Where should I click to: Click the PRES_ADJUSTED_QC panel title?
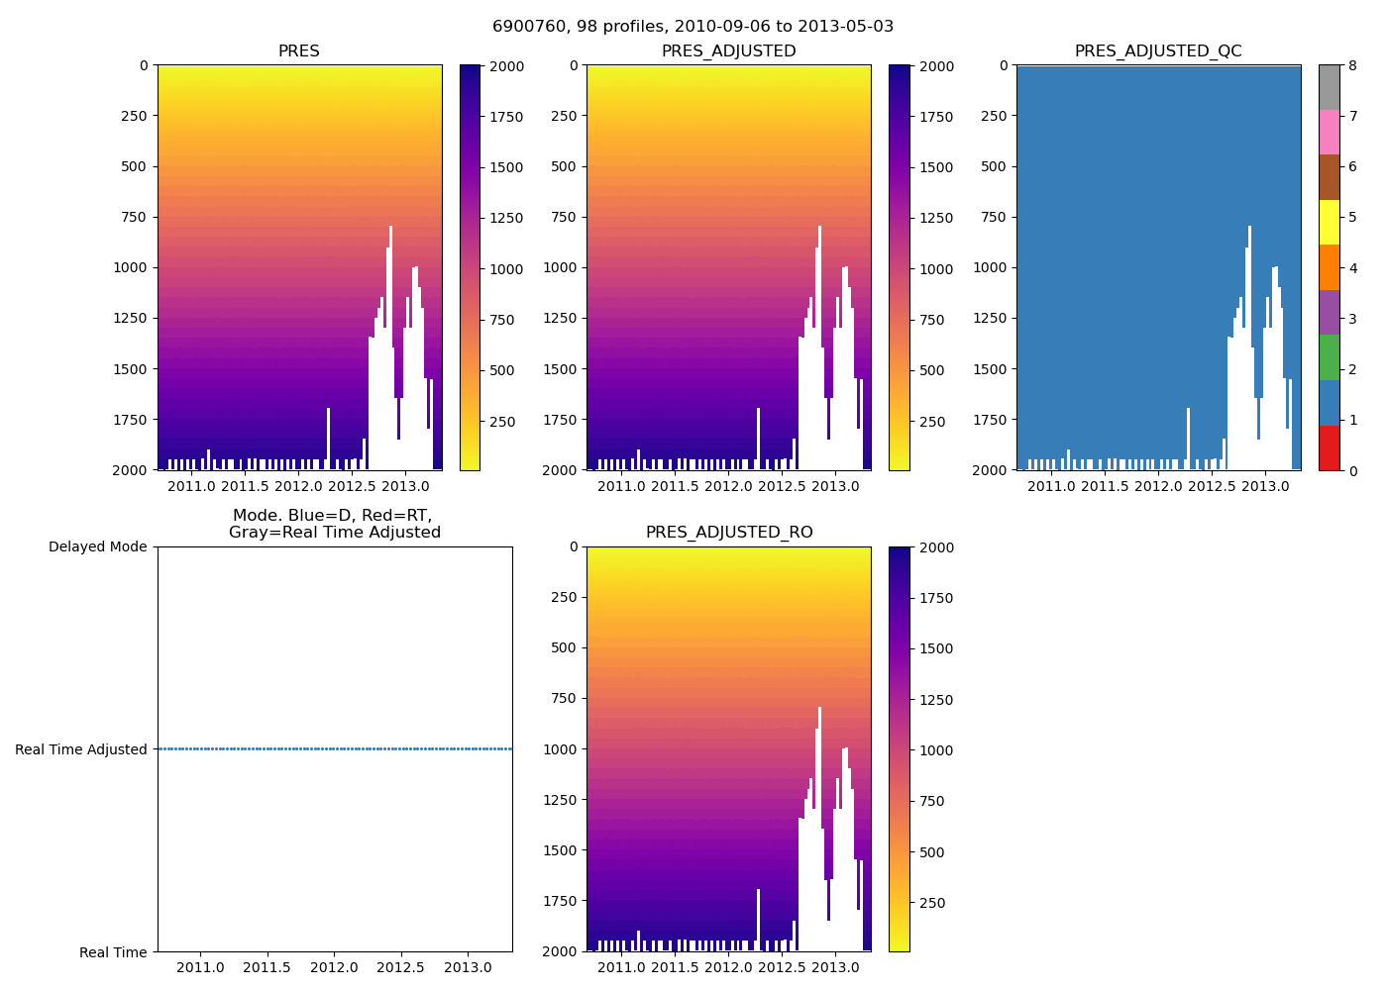point(1158,51)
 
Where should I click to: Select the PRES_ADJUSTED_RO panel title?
point(729,533)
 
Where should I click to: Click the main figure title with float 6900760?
point(693,27)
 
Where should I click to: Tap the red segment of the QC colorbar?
point(1329,447)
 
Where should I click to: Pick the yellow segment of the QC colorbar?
point(1329,223)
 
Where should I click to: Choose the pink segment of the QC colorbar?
point(1329,133)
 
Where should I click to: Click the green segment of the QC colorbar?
point(1329,357)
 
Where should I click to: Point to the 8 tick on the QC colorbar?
point(1352,66)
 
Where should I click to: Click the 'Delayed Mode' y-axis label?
point(97,547)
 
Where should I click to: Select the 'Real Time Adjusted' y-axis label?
point(81,750)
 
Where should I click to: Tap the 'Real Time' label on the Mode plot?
point(113,952)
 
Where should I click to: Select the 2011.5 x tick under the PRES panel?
point(245,486)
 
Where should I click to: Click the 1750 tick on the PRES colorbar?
point(506,117)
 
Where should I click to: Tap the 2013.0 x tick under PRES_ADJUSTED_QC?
point(1265,486)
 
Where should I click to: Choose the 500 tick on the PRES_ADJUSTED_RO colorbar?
point(932,852)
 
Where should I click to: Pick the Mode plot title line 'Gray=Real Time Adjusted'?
point(335,533)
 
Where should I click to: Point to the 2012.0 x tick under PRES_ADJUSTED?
point(728,486)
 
